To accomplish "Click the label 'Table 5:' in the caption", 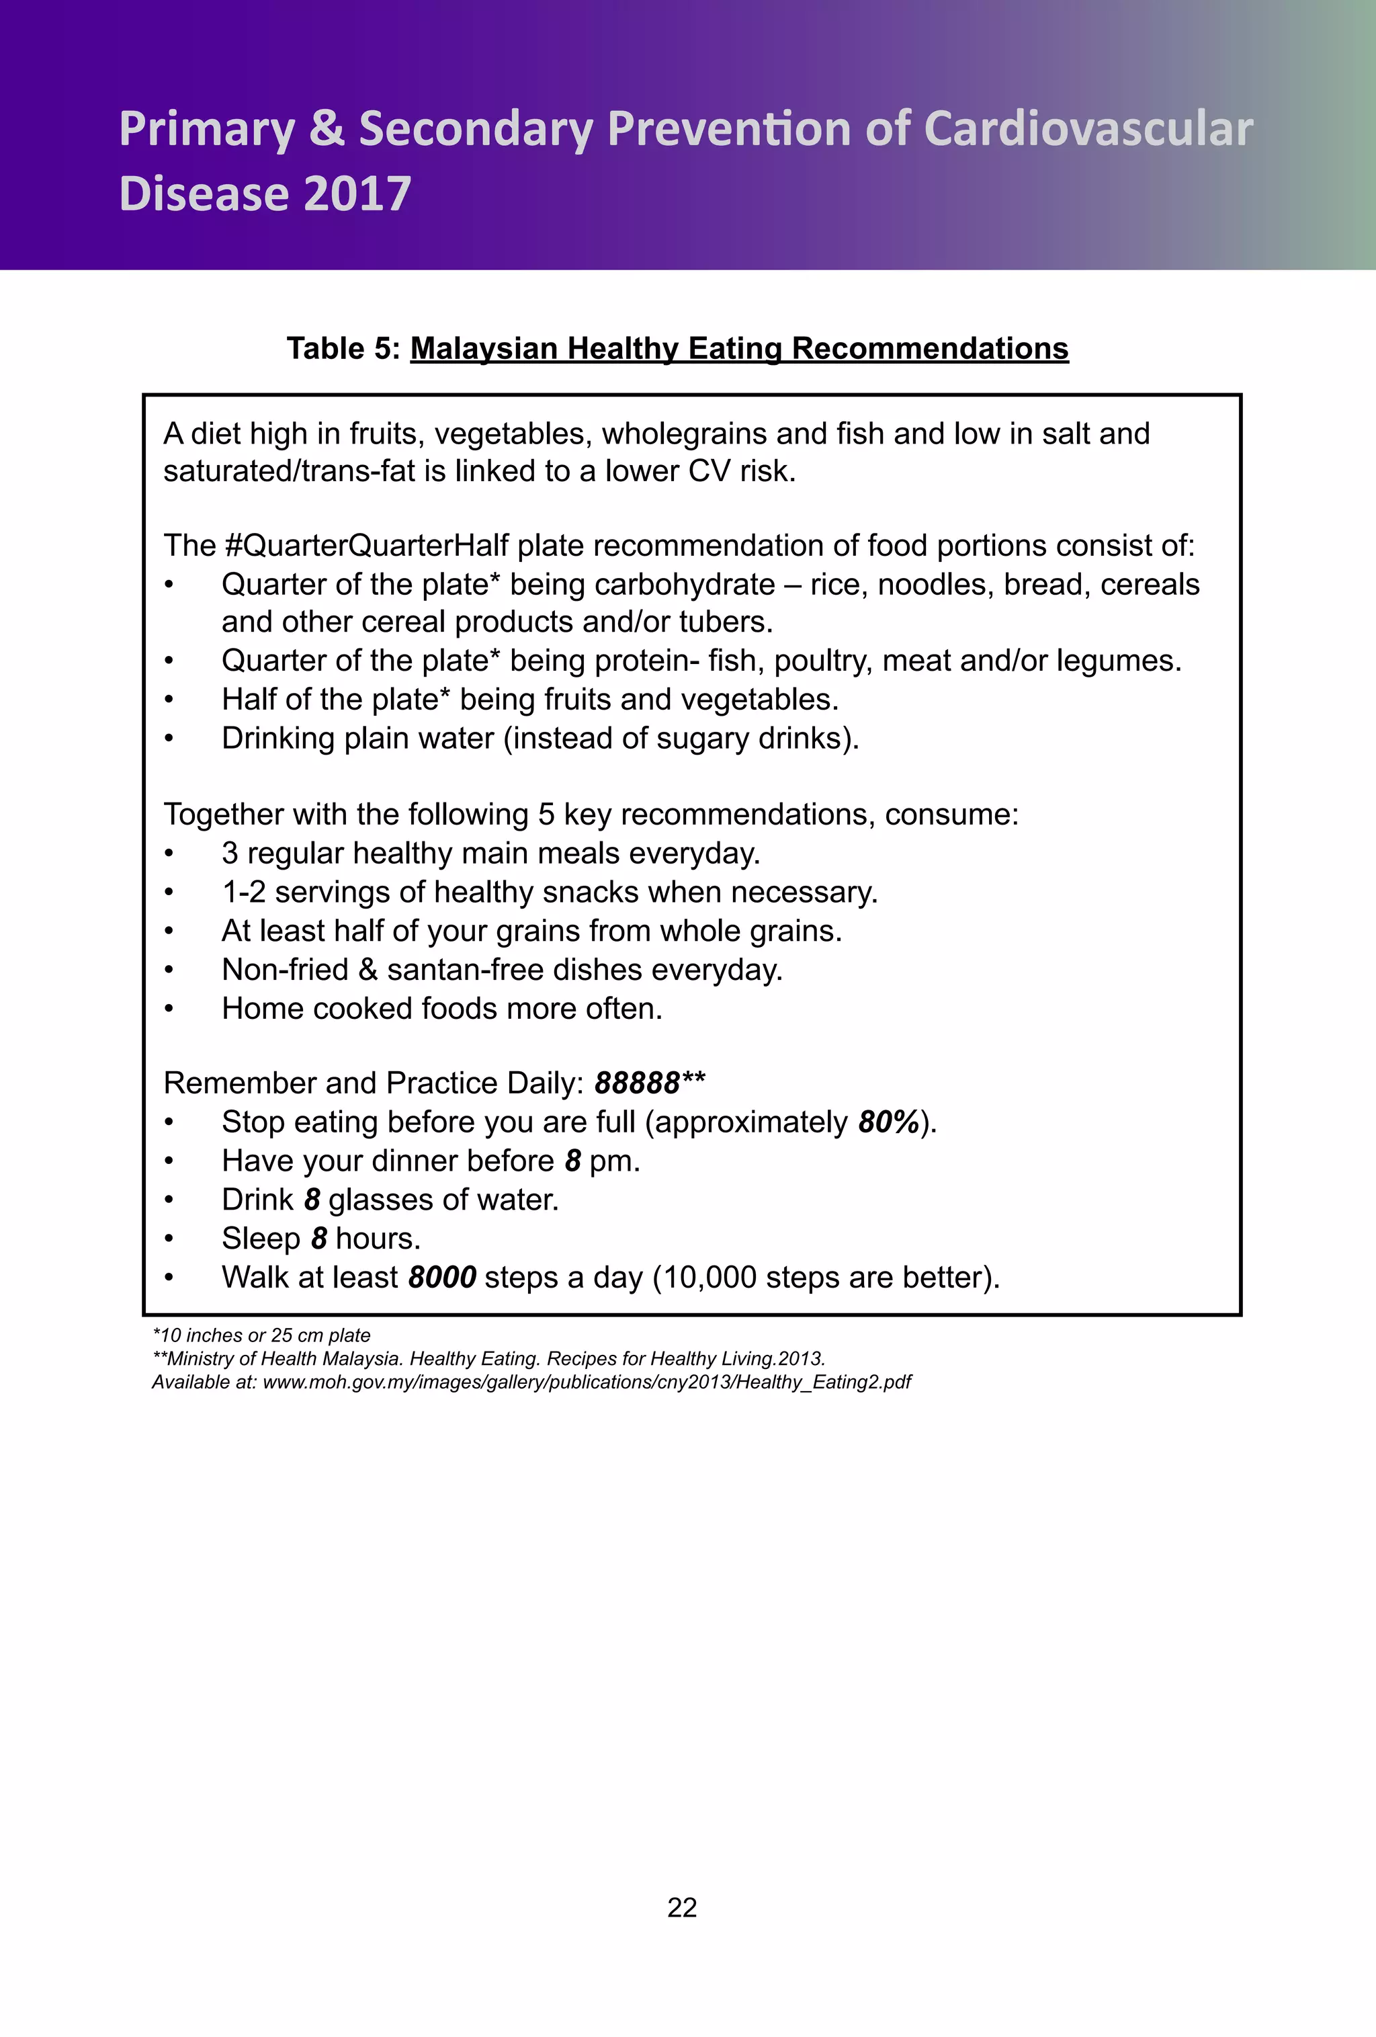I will point(343,349).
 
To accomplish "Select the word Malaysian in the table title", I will point(484,349).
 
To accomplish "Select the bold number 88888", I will point(637,1083).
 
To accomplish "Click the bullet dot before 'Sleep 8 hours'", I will point(170,1239).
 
